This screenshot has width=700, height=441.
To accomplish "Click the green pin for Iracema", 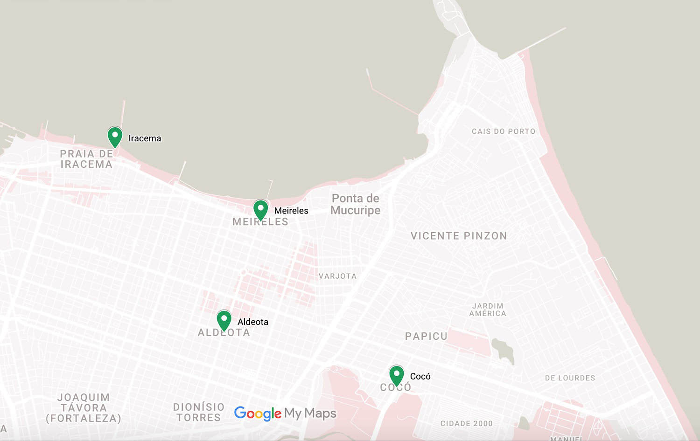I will point(115,137).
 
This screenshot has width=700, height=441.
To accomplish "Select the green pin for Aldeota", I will point(224,320).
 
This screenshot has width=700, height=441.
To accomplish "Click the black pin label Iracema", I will point(145,138).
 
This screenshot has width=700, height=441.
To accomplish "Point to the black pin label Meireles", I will point(291,211).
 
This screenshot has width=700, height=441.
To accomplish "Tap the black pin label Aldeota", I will point(253,322).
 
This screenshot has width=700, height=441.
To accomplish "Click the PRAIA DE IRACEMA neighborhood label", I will point(86,159).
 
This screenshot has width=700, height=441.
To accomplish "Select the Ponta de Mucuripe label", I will point(355,204).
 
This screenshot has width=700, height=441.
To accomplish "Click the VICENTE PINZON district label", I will point(459,236).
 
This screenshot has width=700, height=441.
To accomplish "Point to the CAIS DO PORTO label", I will point(504,131).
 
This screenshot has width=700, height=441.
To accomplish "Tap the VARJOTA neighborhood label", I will point(337,276).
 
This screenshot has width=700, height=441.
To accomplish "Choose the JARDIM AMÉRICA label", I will point(488,310).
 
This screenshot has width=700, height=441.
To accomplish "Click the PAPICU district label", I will point(426,336).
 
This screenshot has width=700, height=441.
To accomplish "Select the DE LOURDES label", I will point(570,378).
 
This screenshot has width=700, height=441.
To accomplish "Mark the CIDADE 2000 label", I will point(466,424).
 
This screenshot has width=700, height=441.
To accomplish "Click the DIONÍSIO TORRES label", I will point(199,412).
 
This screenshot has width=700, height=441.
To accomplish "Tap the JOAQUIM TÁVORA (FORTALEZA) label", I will point(84,408).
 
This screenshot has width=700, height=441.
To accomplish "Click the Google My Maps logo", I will point(285,413).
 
